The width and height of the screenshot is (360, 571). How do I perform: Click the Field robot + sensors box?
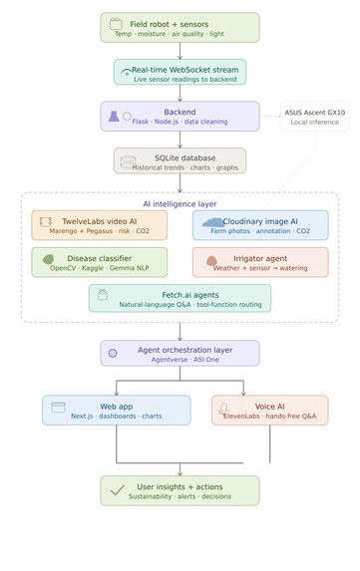(180, 28)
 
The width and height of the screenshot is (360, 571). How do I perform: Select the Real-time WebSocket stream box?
(180, 72)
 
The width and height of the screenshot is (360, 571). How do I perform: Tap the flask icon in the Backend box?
(115, 116)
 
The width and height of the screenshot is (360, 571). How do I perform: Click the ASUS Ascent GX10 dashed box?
(300, 117)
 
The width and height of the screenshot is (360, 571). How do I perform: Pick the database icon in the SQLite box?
(128, 161)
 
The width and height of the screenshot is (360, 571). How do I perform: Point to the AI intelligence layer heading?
(180, 203)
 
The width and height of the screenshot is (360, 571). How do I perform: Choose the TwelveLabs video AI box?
(100, 225)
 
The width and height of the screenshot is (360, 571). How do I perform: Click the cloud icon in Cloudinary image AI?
(211, 221)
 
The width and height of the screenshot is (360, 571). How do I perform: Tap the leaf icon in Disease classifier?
(48, 259)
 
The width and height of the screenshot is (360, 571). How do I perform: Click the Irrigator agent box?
(260, 262)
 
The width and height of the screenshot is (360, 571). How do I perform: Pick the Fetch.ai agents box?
(180, 298)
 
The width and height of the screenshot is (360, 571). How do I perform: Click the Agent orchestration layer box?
(180, 353)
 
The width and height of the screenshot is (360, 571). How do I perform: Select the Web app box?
(117, 410)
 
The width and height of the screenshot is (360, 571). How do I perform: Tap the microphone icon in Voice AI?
(224, 409)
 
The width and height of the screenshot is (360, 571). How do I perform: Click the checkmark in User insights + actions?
(117, 490)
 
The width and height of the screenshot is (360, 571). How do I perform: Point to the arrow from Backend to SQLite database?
(180, 140)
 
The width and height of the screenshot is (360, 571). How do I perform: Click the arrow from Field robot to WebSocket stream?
(180, 51)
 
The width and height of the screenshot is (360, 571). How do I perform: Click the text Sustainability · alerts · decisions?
(180, 495)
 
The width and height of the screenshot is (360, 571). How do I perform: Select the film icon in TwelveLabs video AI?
(46, 221)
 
